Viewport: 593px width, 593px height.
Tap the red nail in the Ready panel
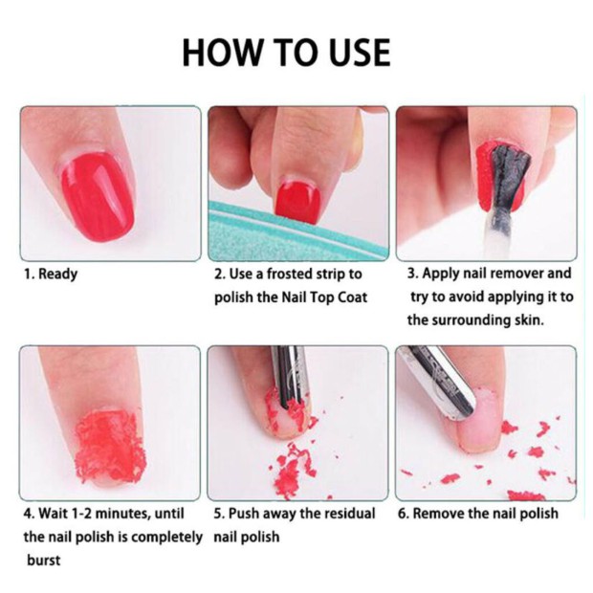[x=99, y=198]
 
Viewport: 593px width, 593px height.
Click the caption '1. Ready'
[x=51, y=274]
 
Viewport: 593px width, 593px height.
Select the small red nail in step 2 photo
[x=297, y=203]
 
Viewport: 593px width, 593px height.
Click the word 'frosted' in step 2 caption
[x=290, y=274]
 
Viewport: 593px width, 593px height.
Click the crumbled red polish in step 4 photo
[x=110, y=447]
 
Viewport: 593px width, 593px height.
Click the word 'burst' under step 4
[x=43, y=560]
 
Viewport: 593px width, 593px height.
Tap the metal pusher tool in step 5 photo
[x=291, y=378]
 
